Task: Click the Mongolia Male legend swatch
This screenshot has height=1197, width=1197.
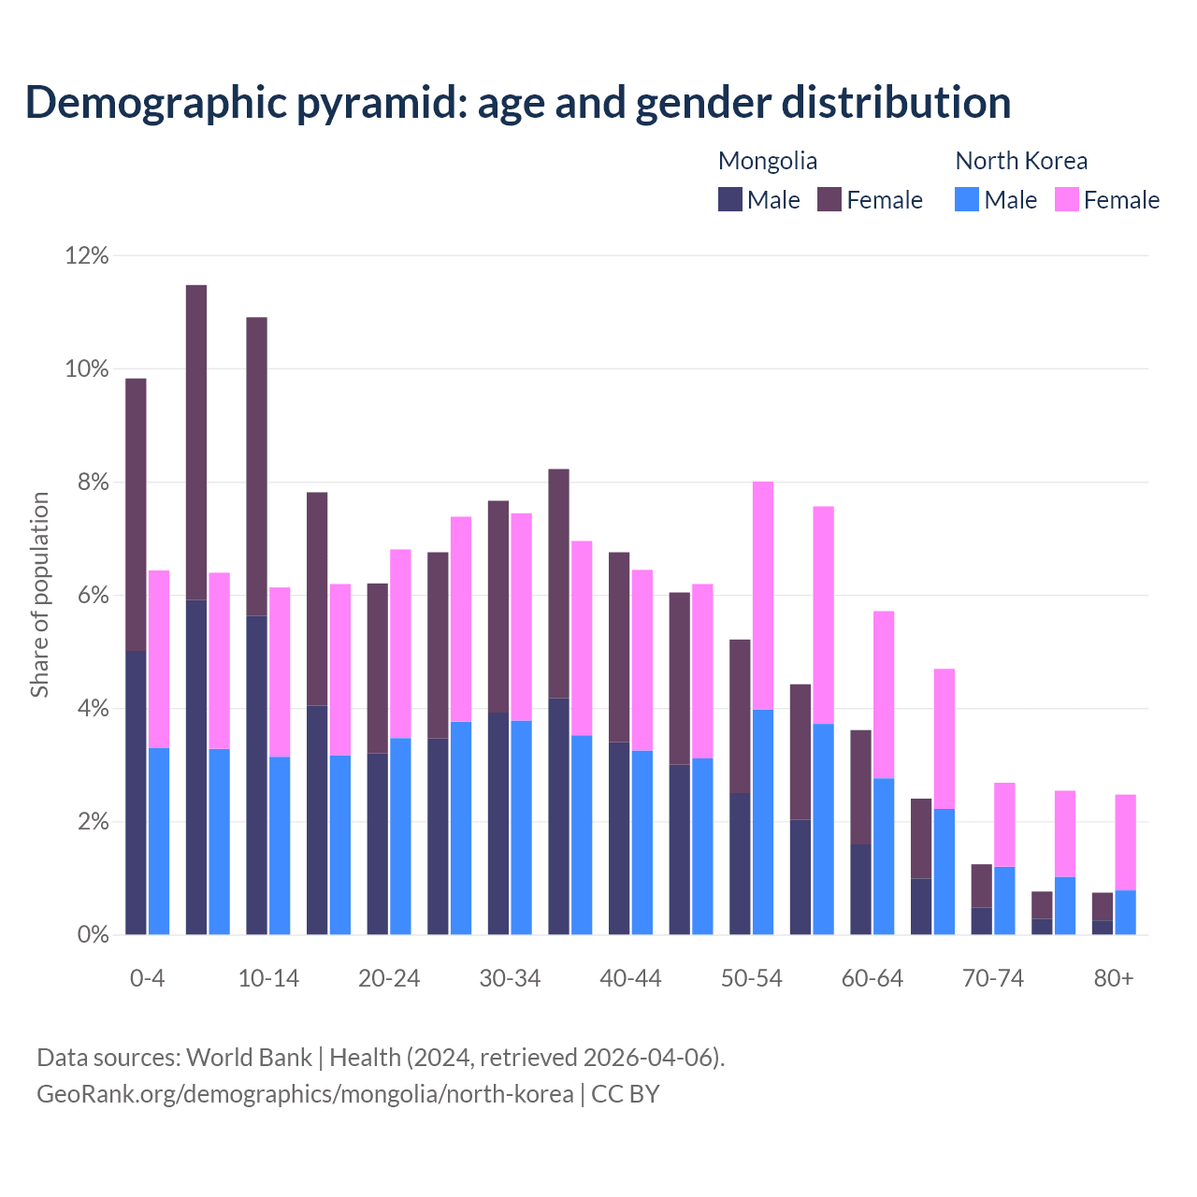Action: pyautogui.click(x=730, y=199)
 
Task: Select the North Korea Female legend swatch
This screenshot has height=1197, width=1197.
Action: pyautogui.click(x=1067, y=199)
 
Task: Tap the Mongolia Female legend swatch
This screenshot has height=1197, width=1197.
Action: pyautogui.click(x=829, y=199)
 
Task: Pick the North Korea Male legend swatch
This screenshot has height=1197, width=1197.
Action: pyautogui.click(x=967, y=199)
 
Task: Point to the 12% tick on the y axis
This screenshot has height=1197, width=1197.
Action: pyautogui.click(x=87, y=255)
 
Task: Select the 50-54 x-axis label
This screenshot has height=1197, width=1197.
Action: pyautogui.click(x=751, y=978)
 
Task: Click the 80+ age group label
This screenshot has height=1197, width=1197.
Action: pyautogui.click(x=1114, y=978)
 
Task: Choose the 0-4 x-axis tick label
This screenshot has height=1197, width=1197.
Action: pyautogui.click(x=148, y=978)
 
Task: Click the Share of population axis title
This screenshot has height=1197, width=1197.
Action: pyautogui.click(x=39, y=595)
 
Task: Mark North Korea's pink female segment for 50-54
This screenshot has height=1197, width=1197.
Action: pyautogui.click(x=763, y=595)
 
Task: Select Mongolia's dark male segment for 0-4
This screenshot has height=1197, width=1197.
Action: pyautogui.click(x=136, y=792)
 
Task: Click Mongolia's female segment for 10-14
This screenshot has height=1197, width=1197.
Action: pyautogui.click(x=256, y=466)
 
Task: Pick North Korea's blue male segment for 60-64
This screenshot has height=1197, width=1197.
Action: pyautogui.click(x=884, y=856)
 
